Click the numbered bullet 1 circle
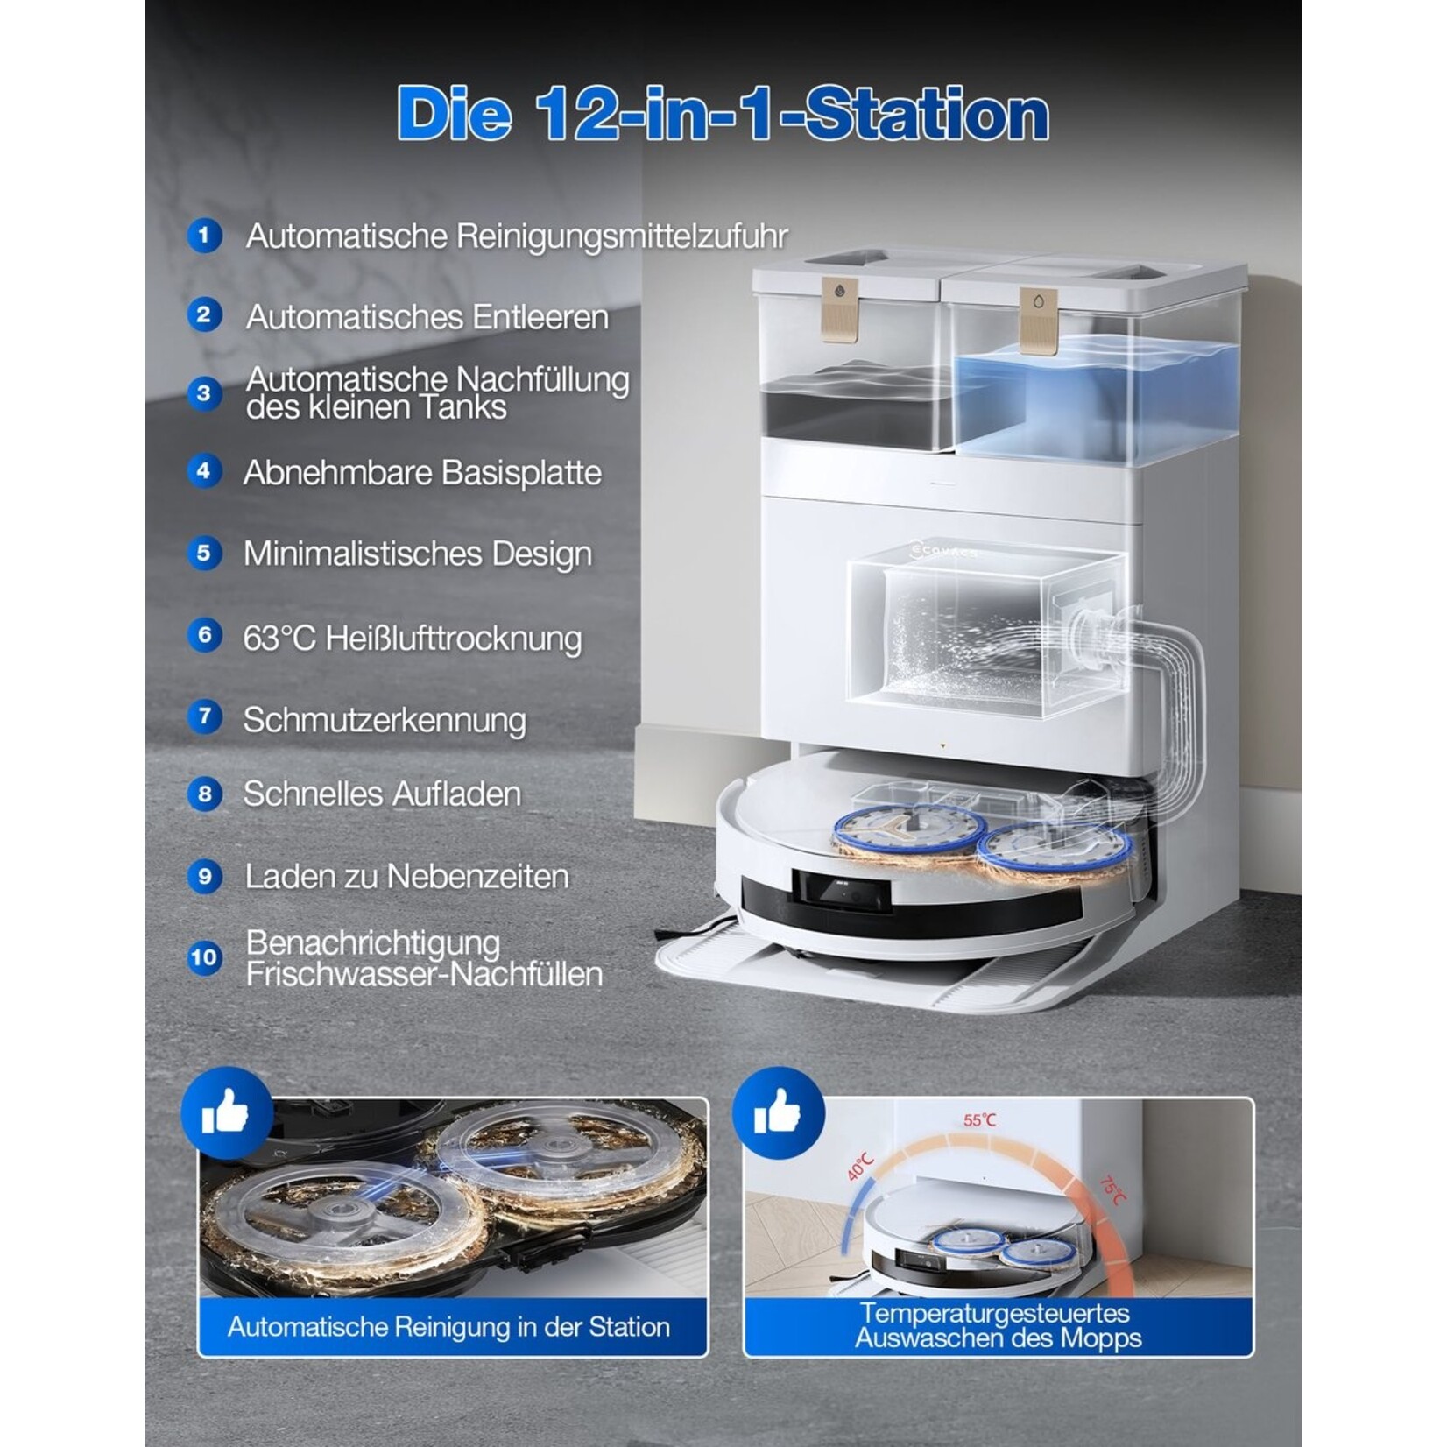click(204, 236)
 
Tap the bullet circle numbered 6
click(204, 635)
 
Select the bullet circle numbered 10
click(204, 957)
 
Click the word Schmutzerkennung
click(385, 720)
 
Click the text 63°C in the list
click(279, 638)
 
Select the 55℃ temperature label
click(979, 1120)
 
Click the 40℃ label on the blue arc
click(860, 1167)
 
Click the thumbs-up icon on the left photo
click(225, 1113)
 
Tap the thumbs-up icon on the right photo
click(778, 1113)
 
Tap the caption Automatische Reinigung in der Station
click(448, 1327)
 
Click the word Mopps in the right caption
click(1101, 1338)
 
